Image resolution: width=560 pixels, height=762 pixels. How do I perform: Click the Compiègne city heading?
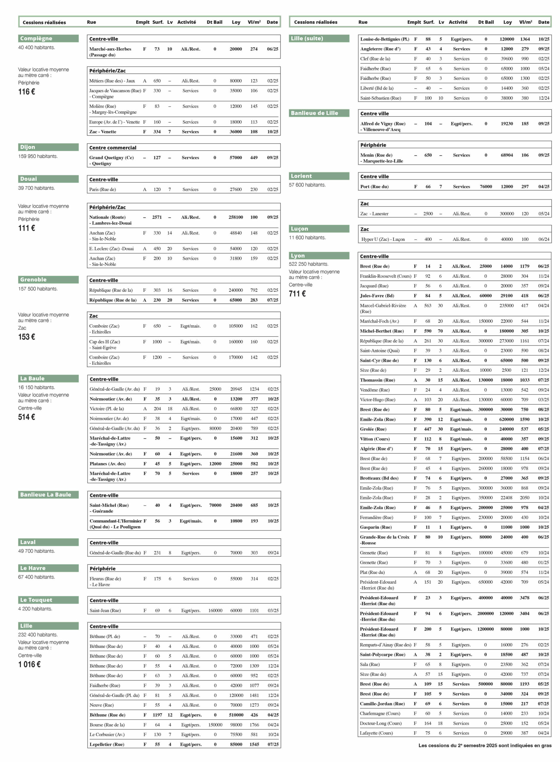[36, 38]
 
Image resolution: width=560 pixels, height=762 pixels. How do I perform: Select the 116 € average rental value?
[26, 92]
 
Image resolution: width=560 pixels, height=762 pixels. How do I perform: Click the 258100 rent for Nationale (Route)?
[236, 217]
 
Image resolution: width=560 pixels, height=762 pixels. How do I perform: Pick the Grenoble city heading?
[33, 279]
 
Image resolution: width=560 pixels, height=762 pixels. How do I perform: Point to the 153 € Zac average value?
[26, 337]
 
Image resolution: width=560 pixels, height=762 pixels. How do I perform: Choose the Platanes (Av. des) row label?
[107, 463]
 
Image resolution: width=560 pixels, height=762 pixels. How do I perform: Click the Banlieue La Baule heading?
[46, 494]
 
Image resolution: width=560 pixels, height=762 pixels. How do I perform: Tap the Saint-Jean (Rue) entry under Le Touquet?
[105, 610]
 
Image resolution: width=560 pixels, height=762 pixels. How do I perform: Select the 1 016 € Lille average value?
[29, 664]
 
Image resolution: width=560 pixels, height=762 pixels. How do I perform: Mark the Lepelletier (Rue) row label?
[107, 744]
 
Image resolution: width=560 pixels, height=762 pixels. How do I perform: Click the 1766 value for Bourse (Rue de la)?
[254, 725]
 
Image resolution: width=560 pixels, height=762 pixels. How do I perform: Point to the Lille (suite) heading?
[307, 38]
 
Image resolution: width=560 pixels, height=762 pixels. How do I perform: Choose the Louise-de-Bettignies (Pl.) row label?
[384, 39]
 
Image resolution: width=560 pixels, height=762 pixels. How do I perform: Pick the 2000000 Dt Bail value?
[485, 613]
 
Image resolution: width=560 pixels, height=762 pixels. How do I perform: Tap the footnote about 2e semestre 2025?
[484, 745]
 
